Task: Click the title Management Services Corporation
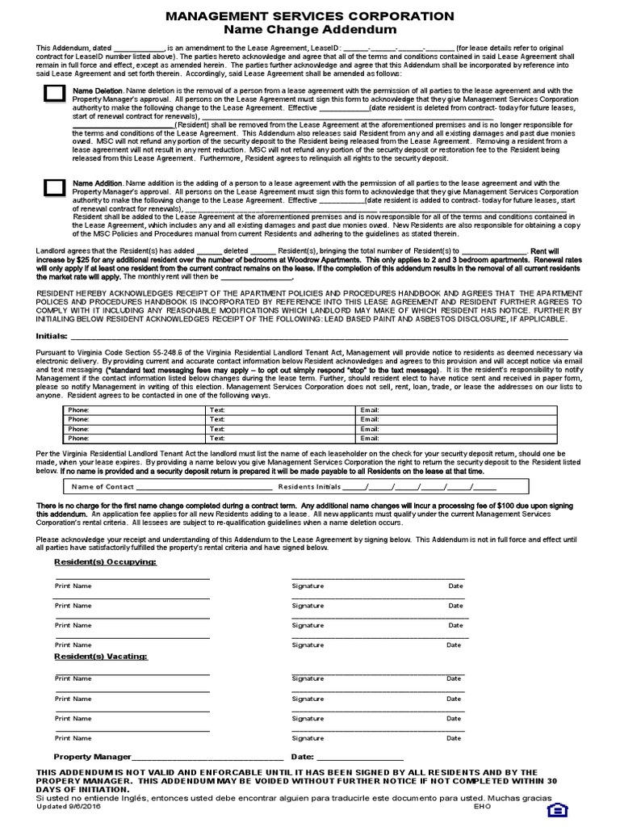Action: (310, 16)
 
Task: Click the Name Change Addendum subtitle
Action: (310, 30)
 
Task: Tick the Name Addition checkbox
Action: (54, 187)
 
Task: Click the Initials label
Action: (52, 335)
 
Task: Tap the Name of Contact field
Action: (194, 487)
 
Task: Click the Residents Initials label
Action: (309, 487)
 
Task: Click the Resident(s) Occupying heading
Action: (105, 560)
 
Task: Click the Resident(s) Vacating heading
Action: (101, 657)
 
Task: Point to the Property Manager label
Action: (92, 757)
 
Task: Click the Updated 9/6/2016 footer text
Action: (70, 806)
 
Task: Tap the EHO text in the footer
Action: (482, 806)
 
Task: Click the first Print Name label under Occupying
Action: (73, 585)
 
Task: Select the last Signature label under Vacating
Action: (308, 738)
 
